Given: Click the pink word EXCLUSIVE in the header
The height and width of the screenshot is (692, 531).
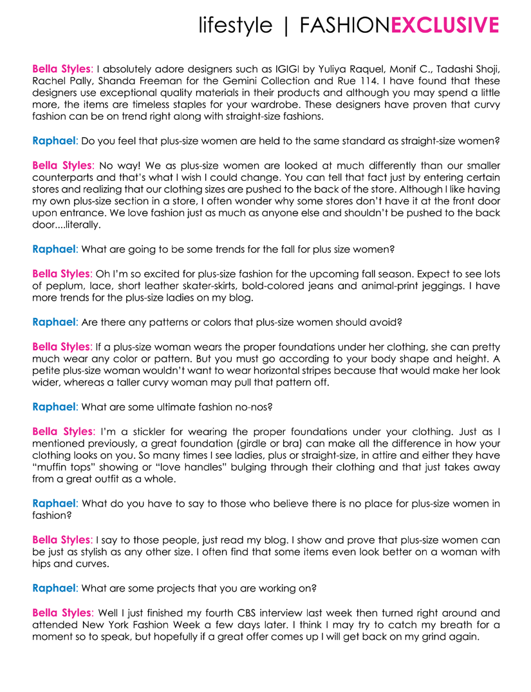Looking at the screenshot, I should pyautogui.click(x=445, y=25).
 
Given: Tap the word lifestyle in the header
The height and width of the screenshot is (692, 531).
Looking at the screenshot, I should pyautogui.click(x=235, y=25).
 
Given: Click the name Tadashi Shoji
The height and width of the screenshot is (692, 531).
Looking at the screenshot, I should pyautogui.click(x=469, y=68).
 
